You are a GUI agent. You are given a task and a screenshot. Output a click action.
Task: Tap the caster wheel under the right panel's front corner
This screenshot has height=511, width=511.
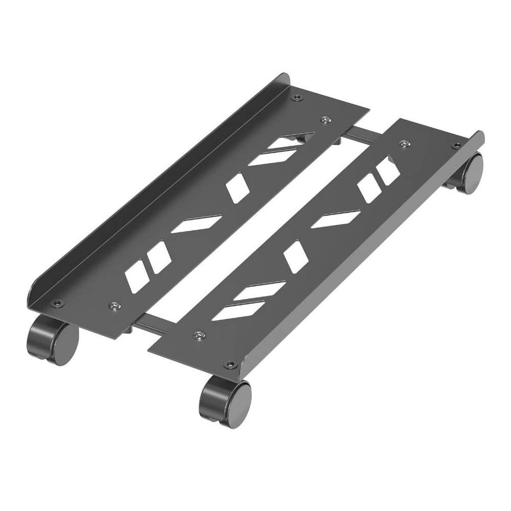[x=226, y=402]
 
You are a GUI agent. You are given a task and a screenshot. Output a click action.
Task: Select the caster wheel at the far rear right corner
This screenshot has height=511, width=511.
[x=468, y=173]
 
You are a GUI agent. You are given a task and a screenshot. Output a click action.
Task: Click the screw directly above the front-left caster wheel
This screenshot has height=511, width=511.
[x=57, y=304]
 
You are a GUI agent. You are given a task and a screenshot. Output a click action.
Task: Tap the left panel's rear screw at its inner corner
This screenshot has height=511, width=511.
[x=324, y=120]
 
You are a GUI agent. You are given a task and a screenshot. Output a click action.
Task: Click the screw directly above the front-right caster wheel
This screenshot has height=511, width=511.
[x=231, y=365]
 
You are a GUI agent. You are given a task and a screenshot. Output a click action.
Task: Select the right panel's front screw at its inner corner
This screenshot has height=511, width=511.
[x=199, y=335]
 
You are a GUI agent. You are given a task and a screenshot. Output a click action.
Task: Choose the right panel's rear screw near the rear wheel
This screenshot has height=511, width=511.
[x=456, y=146]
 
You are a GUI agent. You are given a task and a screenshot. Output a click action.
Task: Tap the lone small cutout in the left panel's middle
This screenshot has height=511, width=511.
[x=238, y=188]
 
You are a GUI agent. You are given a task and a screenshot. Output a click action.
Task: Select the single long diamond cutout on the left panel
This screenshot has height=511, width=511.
[x=197, y=224]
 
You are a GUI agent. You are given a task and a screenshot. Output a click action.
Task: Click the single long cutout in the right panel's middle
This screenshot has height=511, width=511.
[x=336, y=219]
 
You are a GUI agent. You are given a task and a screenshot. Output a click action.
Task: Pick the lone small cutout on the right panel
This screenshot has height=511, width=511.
[x=296, y=257]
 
